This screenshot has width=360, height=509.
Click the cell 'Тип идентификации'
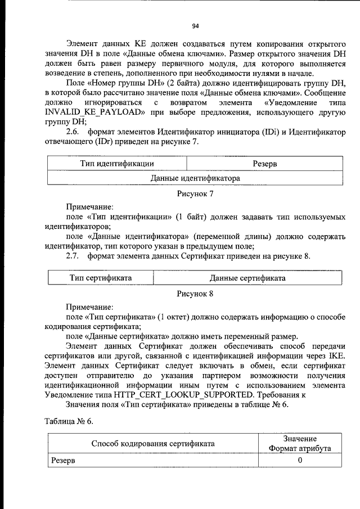(118, 164)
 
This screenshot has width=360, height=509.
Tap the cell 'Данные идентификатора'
(195, 178)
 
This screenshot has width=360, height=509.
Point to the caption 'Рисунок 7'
(195, 194)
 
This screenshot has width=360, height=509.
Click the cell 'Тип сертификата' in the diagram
(101, 278)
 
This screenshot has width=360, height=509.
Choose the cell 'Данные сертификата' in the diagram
(247, 278)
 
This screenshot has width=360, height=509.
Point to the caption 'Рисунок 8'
(195, 293)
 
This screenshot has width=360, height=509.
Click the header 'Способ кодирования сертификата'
(152, 444)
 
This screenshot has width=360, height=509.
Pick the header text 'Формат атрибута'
(300, 449)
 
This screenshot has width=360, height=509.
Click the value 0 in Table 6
(300, 461)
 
